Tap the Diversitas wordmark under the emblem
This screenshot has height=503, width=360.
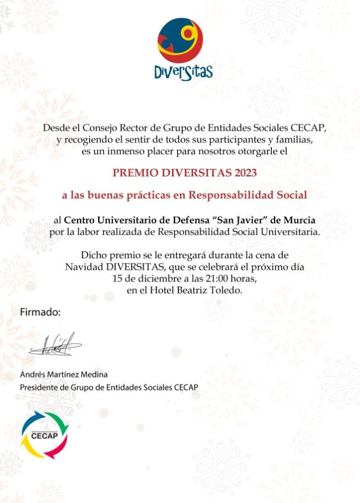(x=183, y=72)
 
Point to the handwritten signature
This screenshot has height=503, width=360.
(x=55, y=345)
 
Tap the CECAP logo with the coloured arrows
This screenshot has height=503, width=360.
(x=44, y=435)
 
